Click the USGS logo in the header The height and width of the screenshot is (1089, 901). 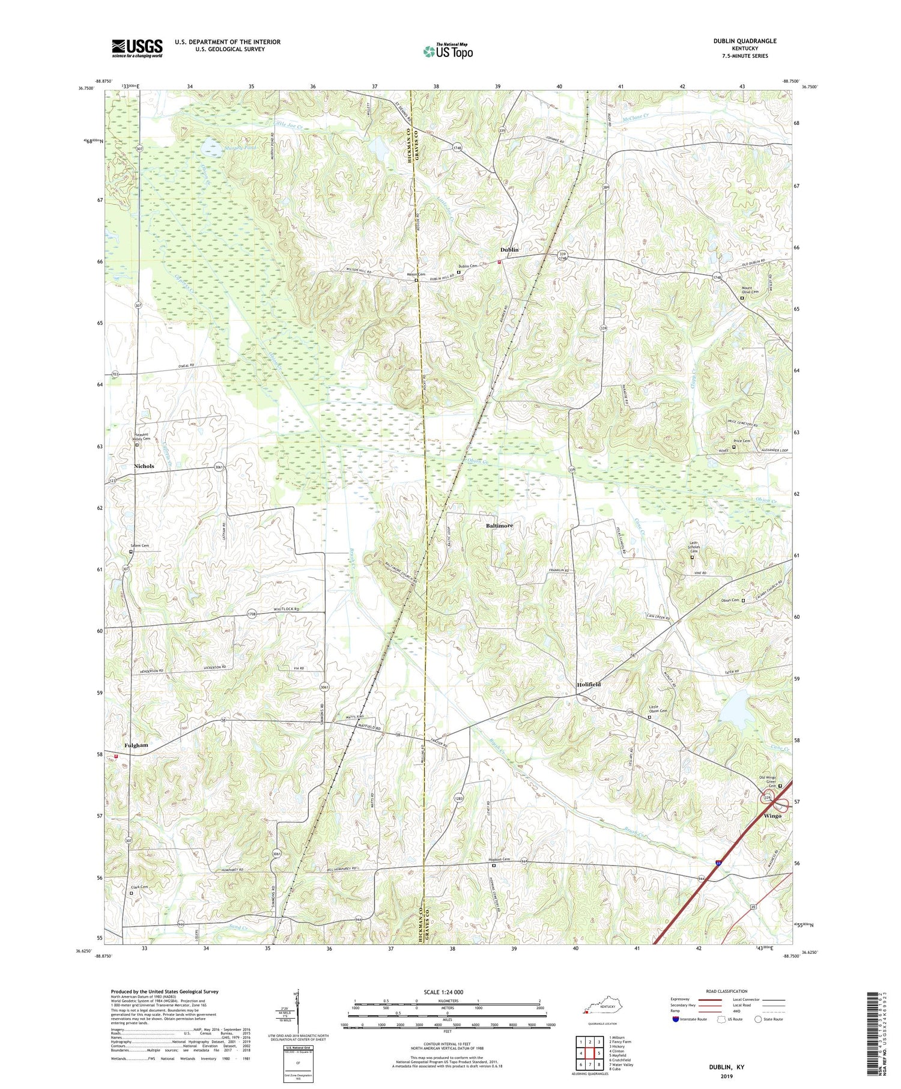tap(137, 48)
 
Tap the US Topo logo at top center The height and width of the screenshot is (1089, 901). tap(447, 52)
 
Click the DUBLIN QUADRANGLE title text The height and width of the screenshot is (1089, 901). tap(736, 41)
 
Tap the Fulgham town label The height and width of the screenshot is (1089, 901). tap(136, 745)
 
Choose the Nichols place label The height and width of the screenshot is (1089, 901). tap(144, 466)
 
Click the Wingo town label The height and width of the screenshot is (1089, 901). tap(772, 816)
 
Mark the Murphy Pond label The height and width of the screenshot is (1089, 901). tap(225, 147)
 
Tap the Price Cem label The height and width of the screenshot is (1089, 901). tap(742, 441)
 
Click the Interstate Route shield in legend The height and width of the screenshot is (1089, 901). tap(676, 1019)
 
